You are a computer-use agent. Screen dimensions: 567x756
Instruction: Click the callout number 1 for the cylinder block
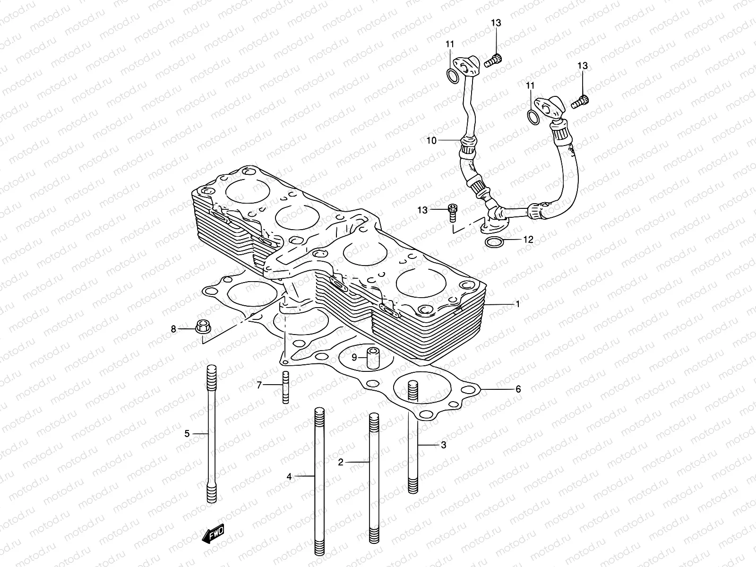[x=518, y=304]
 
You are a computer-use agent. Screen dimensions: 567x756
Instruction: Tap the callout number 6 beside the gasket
[x=518, y=389]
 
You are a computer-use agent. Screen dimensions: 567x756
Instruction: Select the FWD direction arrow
[x=213, y=533]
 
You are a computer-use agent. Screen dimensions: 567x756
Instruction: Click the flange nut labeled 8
[x=203, y=326]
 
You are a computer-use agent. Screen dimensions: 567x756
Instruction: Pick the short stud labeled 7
[x=285, y=387]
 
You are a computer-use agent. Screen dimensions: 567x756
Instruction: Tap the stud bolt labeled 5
[x=212, y=434]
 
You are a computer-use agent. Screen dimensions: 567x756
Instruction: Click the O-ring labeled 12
[x=494, y=242]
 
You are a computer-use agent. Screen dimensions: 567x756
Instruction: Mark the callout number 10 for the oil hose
[x=432, y=140]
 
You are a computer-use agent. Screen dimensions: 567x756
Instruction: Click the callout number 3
[x=443, y=445]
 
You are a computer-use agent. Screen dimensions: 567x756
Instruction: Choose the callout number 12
[x=528, y=240]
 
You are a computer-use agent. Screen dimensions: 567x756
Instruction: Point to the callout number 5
[x=187, y=433]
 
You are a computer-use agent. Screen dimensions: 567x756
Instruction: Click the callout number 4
[x=289, y=477]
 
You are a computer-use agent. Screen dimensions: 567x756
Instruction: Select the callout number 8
[x=173, y=329]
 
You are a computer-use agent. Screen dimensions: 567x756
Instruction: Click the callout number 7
[x=259, y=385]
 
